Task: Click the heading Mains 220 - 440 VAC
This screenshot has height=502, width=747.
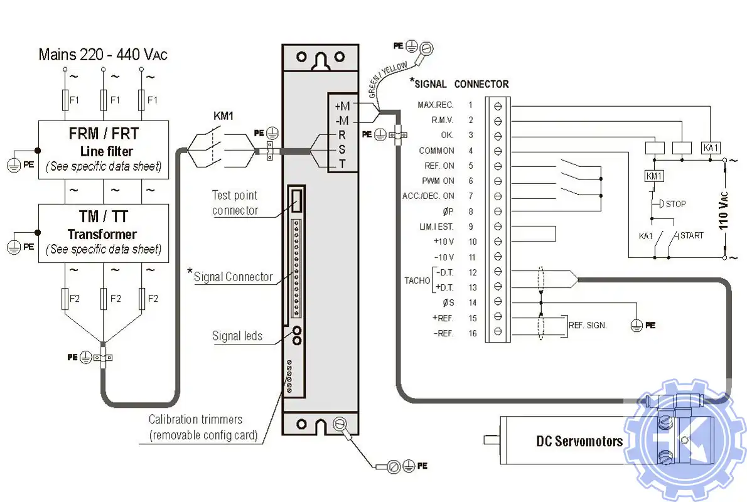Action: tap(103, 54)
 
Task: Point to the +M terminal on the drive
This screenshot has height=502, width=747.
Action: tap(341, 105)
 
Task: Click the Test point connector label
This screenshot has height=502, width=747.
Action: tap(235, 203)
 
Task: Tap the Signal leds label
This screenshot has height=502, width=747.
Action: tap(237, 336)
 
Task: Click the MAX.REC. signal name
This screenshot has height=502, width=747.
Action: tap(436, 105)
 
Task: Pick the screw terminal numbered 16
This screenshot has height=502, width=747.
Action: tap(498, 332)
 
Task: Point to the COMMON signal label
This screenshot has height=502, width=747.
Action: tap(437, 151)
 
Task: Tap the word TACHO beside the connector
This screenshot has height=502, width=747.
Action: tap(416, 280)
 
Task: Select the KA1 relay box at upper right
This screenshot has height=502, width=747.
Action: tap(711, 148)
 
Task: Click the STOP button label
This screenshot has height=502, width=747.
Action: tap(675, 204)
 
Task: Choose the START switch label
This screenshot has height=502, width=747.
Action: tap(692, 235)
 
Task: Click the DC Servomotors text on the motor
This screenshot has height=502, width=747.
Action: tap(579, 441)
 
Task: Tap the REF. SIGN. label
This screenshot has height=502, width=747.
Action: tap(588, 326)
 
